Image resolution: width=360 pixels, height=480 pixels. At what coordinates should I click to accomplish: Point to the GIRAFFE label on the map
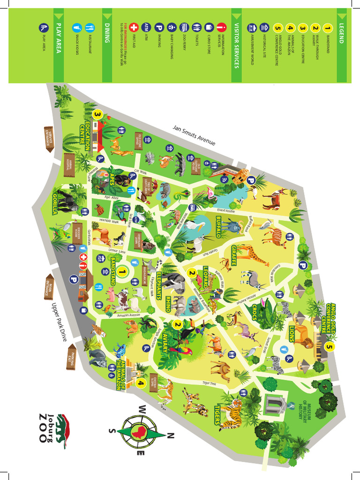[232, 258]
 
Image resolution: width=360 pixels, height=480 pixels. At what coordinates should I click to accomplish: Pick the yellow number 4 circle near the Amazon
[141, 383]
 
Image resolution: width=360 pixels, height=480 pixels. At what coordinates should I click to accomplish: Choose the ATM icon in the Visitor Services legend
[146, 27]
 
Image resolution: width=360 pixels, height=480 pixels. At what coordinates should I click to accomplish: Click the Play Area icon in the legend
[44, 27]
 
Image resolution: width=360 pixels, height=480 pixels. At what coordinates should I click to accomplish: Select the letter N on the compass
[170, 436]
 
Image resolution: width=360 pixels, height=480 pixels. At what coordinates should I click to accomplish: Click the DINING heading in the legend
[107, 32]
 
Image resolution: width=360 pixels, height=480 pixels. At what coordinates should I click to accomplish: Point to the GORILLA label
[56, 203]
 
